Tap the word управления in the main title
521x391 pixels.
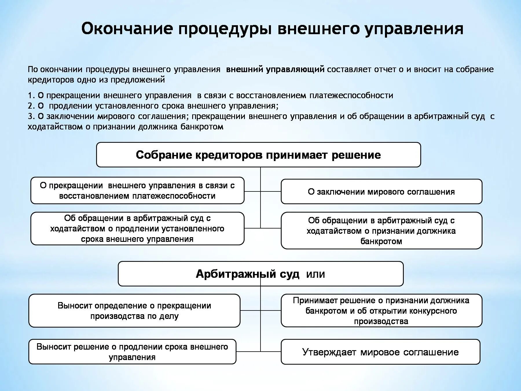tap(414, 29)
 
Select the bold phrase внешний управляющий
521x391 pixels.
tap(275, 70)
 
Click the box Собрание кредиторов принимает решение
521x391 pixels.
tap(258, 155)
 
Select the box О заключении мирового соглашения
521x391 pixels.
tap(381, 192)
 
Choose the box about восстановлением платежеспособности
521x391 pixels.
tap(137, 191)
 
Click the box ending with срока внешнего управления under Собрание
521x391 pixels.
tap(137, 229)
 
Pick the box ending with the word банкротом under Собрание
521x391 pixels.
tap(381, 231)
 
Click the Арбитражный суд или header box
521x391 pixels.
tap(260, 274)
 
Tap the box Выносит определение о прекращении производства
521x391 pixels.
tap(134, 311)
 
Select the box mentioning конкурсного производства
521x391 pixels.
tap(381, 311)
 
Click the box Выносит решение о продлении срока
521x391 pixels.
tap(132, 352)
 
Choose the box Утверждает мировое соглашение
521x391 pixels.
tap(380, 352)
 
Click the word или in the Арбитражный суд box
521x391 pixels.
tap(315, 274)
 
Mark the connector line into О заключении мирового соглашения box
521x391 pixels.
tap(271, 191)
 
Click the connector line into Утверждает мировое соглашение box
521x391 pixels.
tap(271, 351)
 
